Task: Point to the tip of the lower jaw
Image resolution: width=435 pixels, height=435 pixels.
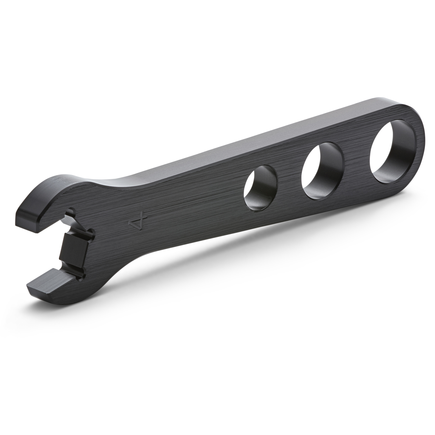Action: [32, 287]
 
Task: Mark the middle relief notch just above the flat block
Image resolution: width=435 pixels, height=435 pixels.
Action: [87, 232]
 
